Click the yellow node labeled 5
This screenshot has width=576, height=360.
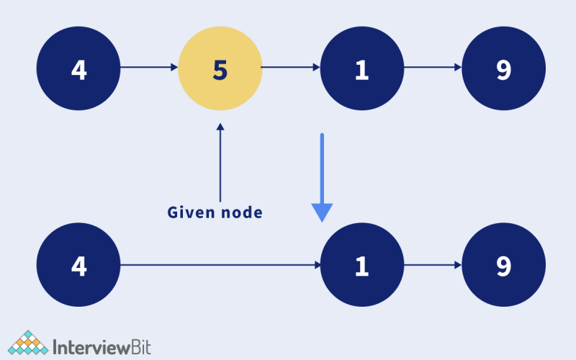click(x=220, y=69)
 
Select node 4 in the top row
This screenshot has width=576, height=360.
click(x=78, y=69)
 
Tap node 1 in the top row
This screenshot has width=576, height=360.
click(x=362, y=69)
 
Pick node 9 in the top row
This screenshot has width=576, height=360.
click(x=504, y=69)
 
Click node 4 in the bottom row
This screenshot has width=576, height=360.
click(x=78, y=266)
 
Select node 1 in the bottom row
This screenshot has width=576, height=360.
click(x=362, y=266)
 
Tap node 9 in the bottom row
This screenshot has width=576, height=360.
click(x=504, y=266)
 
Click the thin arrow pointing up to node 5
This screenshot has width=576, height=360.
click(x=220, y=162)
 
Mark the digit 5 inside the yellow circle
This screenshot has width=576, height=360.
click(x=220, y=69)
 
